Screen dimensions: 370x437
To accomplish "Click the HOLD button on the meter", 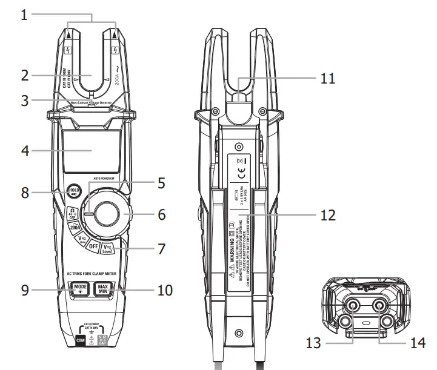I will point(74,192).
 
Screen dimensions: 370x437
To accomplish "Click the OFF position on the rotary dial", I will point(94,246).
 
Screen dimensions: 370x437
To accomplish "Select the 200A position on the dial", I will point(76,228).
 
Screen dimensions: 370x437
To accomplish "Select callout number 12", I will point(327,215).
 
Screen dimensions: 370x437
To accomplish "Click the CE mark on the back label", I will point(241,179).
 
